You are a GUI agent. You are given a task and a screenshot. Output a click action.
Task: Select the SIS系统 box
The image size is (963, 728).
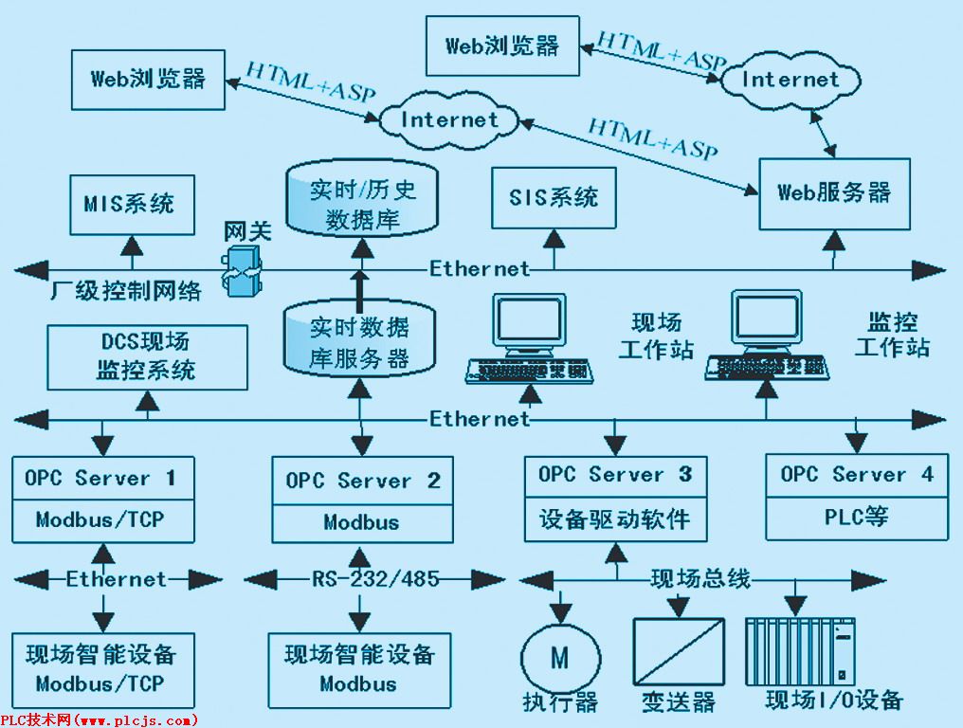tap(554, 197)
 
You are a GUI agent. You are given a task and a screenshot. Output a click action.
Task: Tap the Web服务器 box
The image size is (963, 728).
tap(834, 193)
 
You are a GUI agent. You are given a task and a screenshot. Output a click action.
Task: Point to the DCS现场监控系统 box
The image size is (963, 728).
tap(146, 356)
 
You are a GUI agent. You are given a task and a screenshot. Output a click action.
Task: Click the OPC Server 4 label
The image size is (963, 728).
tap(857, 475)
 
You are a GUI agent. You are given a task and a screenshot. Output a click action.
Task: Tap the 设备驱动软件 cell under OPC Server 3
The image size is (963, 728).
tap(615, 519)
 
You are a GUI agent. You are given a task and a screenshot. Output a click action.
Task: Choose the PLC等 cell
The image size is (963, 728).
tap(857, 519)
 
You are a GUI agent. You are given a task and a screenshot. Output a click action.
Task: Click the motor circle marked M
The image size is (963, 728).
tap(560, 658)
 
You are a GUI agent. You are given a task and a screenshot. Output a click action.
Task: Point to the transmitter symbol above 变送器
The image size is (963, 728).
tap(678, 653)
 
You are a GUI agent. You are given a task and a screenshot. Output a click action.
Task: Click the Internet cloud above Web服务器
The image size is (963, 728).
tap(790, 80)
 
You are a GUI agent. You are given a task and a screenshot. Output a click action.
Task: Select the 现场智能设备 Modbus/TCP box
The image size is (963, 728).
tap(100, 669)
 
